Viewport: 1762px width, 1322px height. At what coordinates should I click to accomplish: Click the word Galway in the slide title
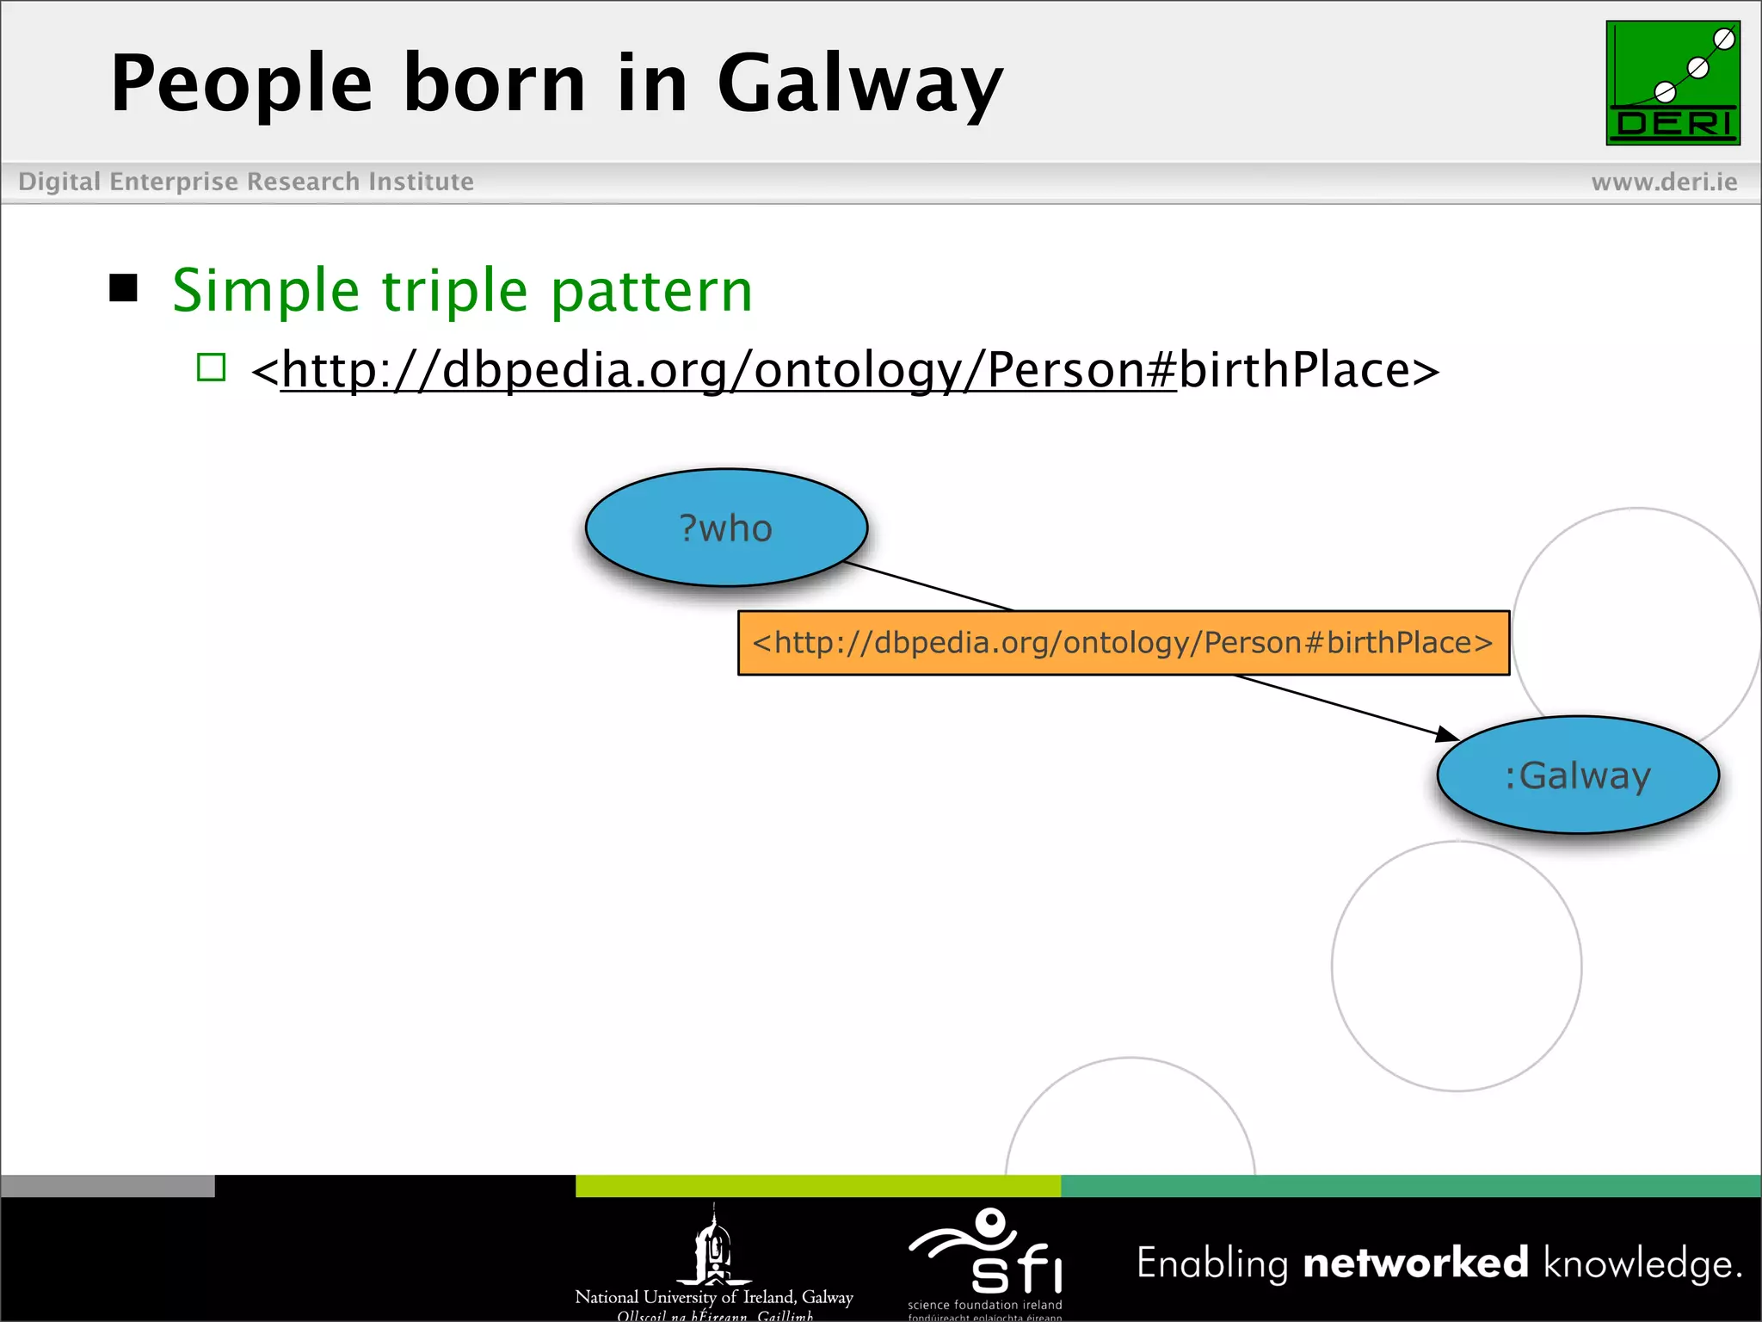(x=859, y=83)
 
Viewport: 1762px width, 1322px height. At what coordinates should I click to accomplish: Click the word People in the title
(x=242, y=83)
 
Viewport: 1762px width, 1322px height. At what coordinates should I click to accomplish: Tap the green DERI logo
(x=1673, y=83)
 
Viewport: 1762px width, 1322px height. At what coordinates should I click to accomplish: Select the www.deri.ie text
(x=1664, y=182)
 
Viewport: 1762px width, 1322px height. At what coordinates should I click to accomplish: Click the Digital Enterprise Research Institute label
(x=246, y=182)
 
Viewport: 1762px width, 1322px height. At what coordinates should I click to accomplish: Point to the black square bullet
(x=124, y=288)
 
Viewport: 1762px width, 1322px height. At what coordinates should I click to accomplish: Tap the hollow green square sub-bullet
(x=211, y=368)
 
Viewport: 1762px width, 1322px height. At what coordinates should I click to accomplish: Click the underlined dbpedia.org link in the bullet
(x=728, y=370)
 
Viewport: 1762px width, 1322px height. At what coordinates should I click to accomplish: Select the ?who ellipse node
(x=726, y=528)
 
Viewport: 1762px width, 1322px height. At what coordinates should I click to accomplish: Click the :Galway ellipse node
(x=1577, y=775)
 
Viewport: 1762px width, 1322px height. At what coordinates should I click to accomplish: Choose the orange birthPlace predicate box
(x=1123, y=643)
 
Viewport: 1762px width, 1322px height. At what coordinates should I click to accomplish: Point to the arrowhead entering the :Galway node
(x=1448, y=733)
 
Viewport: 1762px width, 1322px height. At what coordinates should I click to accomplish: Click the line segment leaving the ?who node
(x=929, y=587)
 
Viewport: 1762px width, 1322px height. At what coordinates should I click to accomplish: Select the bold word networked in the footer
(x=1415, y=1263)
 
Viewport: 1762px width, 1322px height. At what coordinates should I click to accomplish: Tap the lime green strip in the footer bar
(x=817, y=1186)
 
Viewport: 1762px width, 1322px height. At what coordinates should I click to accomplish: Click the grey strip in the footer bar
(x=108, y=1186)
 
